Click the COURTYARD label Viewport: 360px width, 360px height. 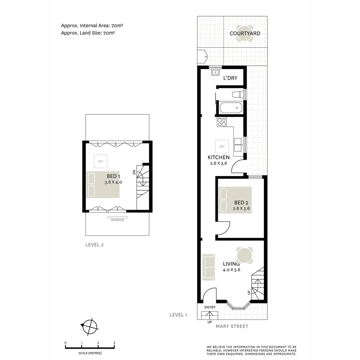(x=245, y=33)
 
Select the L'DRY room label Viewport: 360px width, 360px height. (x=230, y=78)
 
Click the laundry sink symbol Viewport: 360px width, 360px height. (x=215, y=72)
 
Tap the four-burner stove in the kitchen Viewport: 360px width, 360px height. (x=222, y=122)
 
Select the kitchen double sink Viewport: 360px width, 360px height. (x=238, y=144)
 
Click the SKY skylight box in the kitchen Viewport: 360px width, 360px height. (x=222, y=146)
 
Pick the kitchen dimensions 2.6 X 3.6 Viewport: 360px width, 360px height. (x=219, y=163)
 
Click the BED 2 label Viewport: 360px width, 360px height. (x=241, y=202)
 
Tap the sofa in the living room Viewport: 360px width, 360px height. (x=208, y=267)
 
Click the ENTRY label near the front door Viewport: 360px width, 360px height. (x=210, y=307)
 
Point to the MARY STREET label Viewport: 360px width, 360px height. (x=232, y=326)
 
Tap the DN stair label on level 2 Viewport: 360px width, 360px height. (x=134, y=172)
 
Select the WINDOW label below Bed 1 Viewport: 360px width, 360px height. (x=117, y=220)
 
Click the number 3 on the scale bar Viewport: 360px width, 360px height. (x=114, y=343)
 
